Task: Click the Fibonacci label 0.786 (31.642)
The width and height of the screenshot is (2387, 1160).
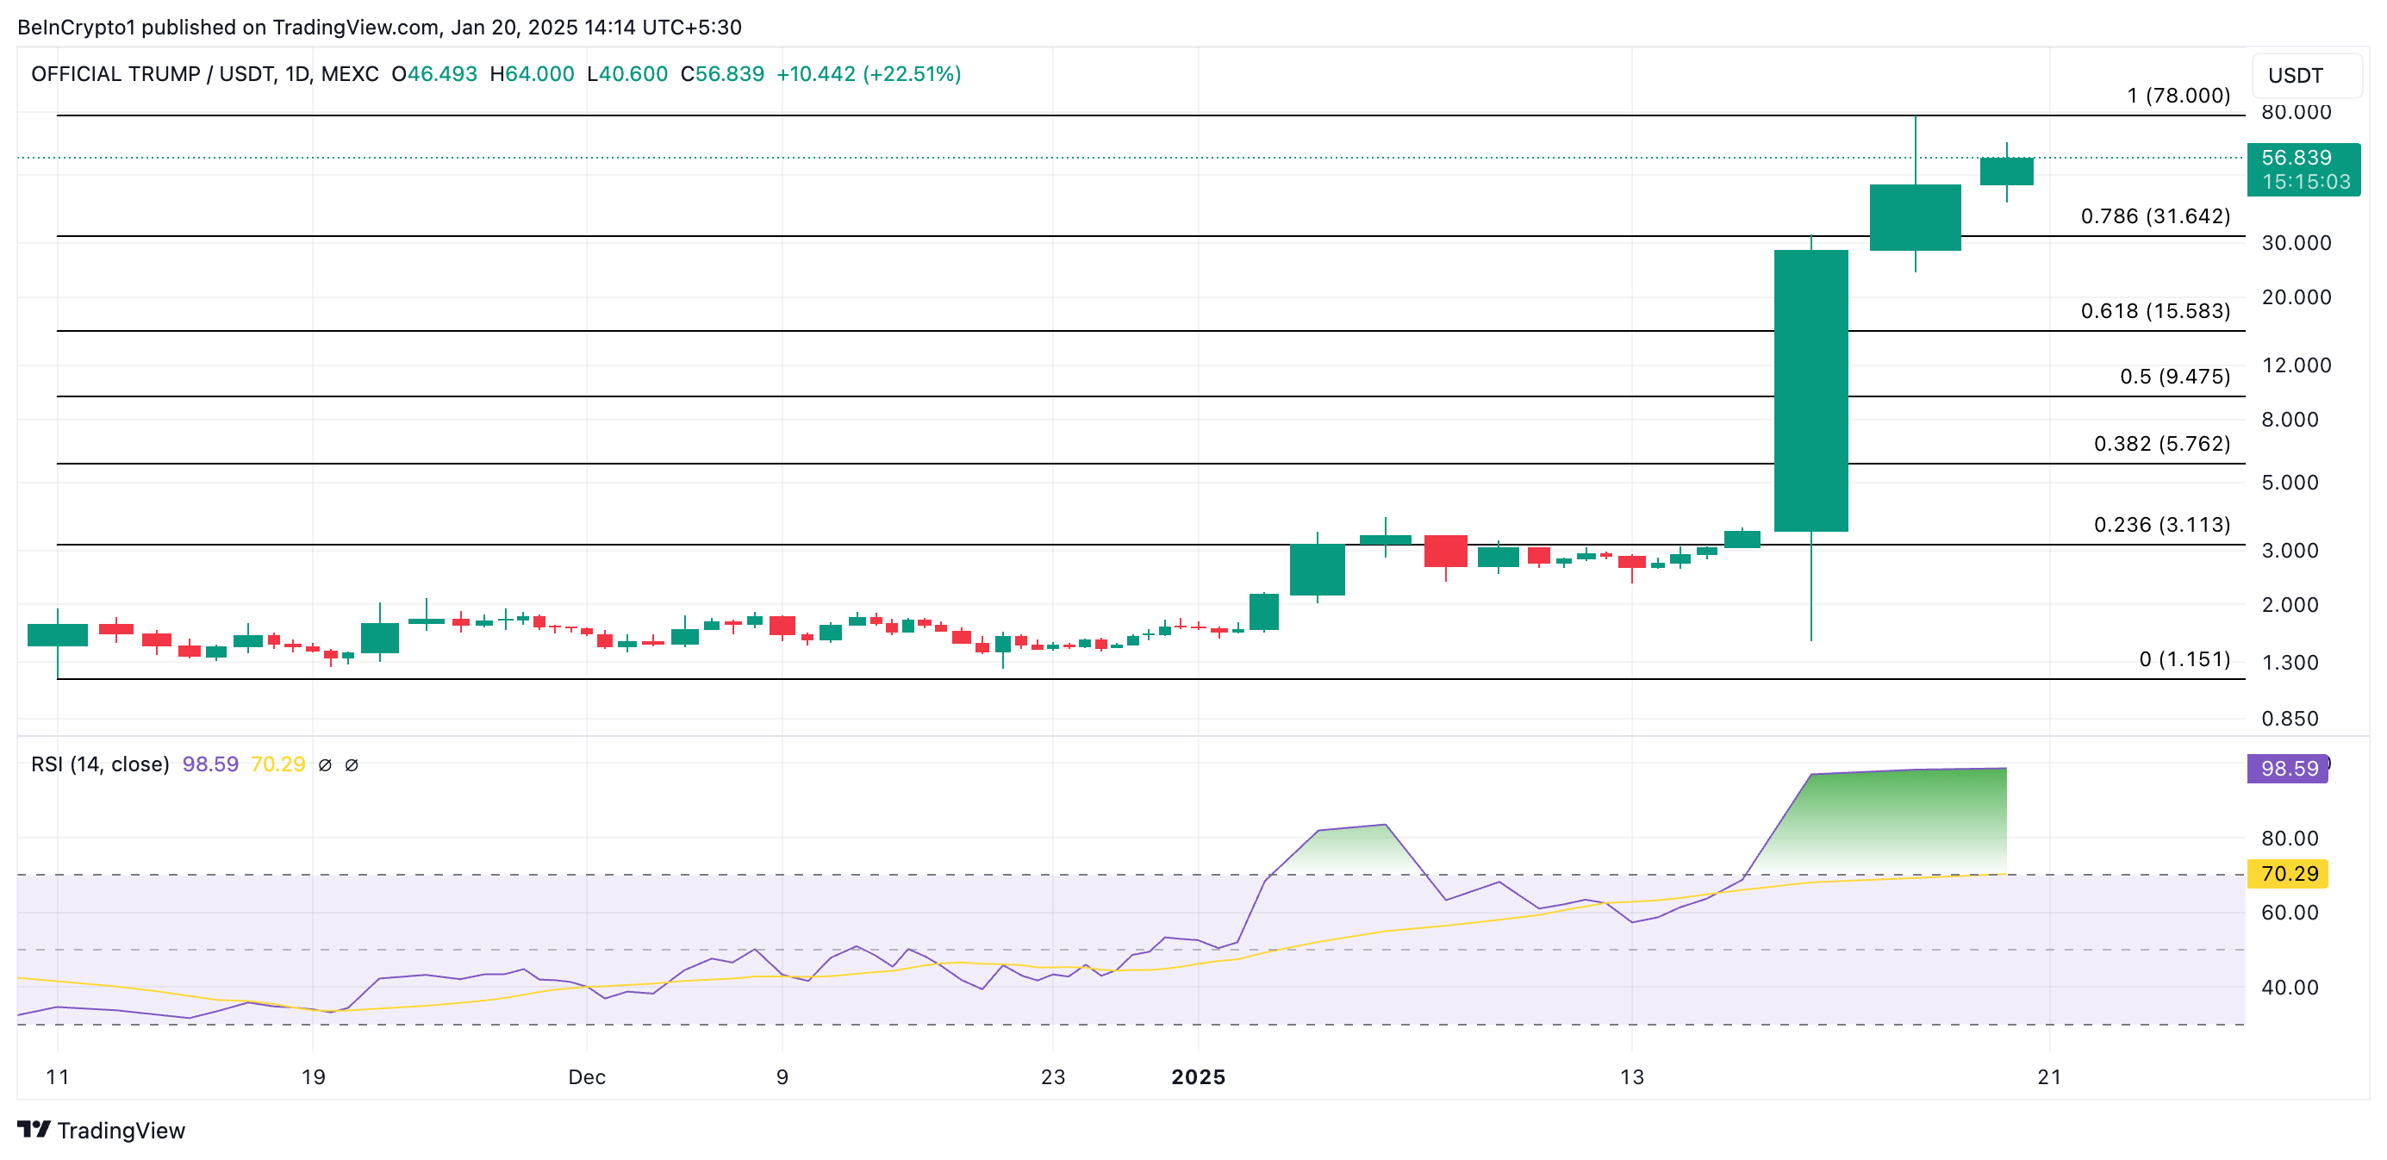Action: coord(2154,215)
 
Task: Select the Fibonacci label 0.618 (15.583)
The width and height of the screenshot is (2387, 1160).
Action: coord(2154,310)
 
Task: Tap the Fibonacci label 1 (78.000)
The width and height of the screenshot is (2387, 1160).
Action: coord(2178,96)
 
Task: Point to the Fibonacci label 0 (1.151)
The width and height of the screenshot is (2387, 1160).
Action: coord(2184,658)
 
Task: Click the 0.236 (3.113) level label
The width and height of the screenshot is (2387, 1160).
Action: coord(2161,524)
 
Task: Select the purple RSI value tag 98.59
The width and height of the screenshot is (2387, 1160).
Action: coord(2287,768)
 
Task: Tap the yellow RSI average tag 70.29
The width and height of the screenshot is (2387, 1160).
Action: coord(2287,873)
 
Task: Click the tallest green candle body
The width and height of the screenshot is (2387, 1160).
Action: coord(1810,390)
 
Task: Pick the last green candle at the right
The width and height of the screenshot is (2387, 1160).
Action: coord(2006,172)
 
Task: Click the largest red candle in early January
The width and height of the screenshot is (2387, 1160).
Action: coord(1444,551)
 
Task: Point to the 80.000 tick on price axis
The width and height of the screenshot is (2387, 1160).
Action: coord(2296,112)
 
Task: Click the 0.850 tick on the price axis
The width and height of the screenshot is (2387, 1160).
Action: coord(2289,718)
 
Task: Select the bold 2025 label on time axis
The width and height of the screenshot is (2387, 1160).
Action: coord(1197,1076)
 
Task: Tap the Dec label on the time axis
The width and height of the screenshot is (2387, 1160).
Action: coord(587,1076)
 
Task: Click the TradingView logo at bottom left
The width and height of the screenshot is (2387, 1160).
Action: coord(102,1131)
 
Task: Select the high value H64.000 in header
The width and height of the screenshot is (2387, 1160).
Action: coord(532,74)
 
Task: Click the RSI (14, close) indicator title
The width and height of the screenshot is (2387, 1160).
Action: coord(100,764)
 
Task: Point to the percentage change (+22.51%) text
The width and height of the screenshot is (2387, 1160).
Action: coord(912,74)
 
